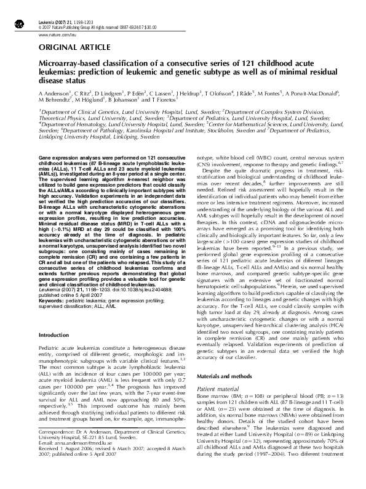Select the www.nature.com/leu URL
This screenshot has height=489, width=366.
tap(52, 36)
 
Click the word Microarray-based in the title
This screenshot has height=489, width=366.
tap(64, 64)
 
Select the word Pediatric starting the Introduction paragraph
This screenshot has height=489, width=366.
tap(51, 331)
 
